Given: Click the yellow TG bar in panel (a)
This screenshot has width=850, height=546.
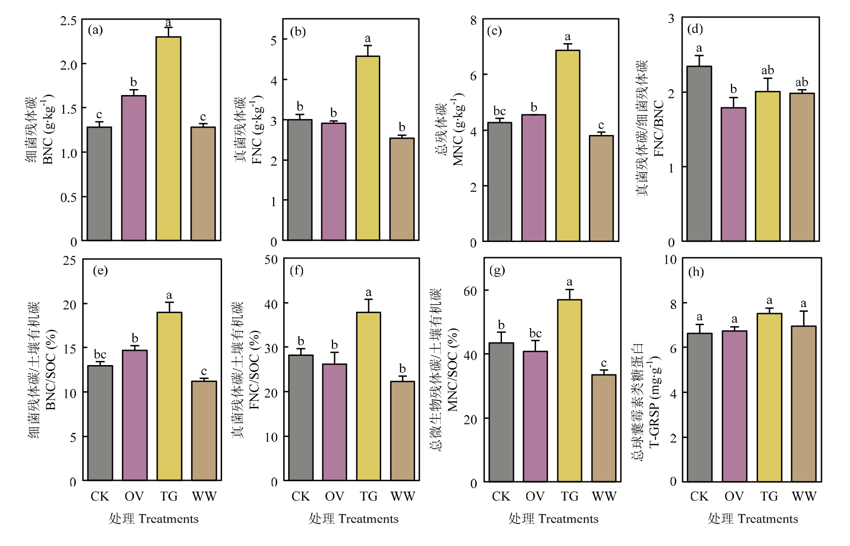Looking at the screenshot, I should pyautogui.click(x=168, y=138).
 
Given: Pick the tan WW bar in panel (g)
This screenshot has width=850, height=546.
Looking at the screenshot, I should pyautogui.click(x=604, y=428).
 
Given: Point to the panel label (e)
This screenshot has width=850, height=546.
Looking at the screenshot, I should pyautogui.click(x=100, y=270).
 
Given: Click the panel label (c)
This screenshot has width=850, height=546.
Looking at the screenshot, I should pyautogui.click(x=494, y=31).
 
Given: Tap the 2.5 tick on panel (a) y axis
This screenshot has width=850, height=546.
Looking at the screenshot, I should pyautogui.click(x=68, y=21).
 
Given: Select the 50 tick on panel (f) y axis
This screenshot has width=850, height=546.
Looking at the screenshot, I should pyautogui.click(x=271, y=260).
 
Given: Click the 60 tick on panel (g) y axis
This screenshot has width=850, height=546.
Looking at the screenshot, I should pyautogui.click(x=470, y=291).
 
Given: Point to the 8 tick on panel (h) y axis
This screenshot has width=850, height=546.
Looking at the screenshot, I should pyautogui.click(x=673, y=304).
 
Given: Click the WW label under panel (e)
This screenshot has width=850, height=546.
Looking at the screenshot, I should pyautogui.click(x=204, y=496).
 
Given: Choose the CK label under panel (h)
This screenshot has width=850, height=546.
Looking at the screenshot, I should pyautogui.click(x=699, y=496).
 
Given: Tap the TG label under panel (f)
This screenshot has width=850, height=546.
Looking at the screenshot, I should pyautogui.click(x=368, y=496).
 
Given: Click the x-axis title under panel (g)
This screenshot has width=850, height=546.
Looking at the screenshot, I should pyautogui.click(x=553, y=519).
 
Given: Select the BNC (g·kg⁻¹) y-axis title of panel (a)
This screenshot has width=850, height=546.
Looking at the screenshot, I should pyautogui.click(x=48, y=129).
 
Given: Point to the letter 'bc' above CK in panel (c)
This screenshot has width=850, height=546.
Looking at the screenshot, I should pyautogui.click(x=499, y=111).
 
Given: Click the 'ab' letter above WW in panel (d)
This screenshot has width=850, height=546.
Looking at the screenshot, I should pyautogui.click(x=802, y=82).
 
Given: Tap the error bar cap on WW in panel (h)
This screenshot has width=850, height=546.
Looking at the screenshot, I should pyautogui.click(x=804, y=311).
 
